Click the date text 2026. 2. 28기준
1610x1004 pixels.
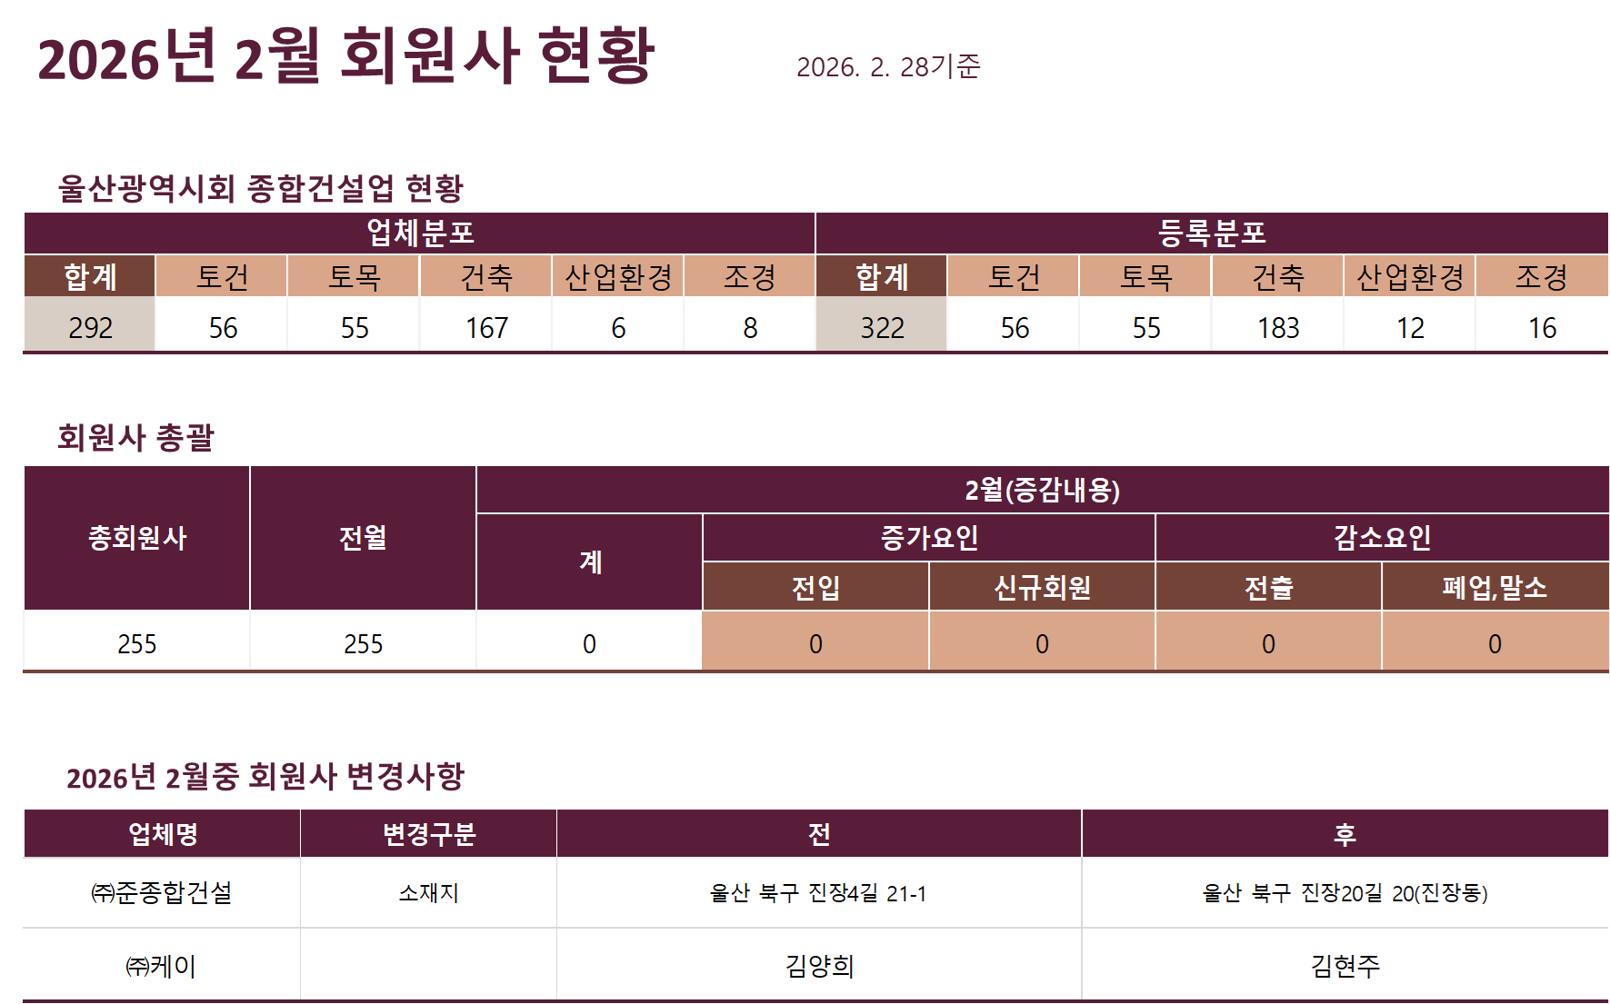[x=887, y=66]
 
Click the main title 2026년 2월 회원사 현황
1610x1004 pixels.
[x=345, y=56]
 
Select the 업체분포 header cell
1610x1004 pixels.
[x=420, y=233]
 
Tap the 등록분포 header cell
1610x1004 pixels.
[x=1211, y=233]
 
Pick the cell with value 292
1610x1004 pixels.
[x=90, y=327]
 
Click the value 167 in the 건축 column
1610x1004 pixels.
[x=486, y=327]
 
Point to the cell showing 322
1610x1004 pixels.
[x=882, y=327]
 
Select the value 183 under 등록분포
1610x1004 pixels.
[x=1278, y=327]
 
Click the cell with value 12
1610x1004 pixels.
[x=1410, y=327]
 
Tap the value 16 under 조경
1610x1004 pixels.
[x=1542, y=327]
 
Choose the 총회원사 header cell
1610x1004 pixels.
[x=136, y=538]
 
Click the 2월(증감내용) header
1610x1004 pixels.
[x=1042, y=491]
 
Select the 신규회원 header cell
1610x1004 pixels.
[x=1042, y=588]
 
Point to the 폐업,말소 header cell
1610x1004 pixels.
[x=1495, y=588]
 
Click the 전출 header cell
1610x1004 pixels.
[x=1268, y=588]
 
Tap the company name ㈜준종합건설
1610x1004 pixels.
[x=162, y=892]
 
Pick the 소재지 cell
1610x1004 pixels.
[x=428, y=892]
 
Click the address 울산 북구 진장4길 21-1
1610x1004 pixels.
[x=818, y=894]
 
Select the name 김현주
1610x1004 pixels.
[x=1345, y=965]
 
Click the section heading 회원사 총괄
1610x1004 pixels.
[x=135, y=437]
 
